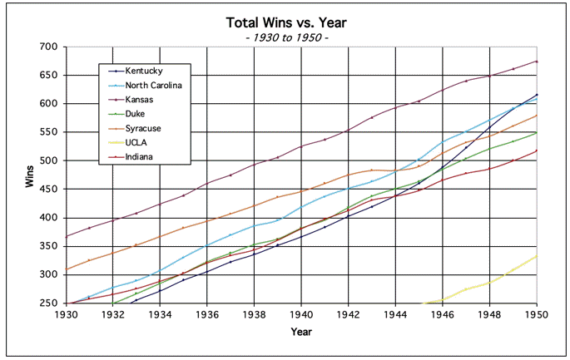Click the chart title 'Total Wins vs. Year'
285,22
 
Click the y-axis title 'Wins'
29,175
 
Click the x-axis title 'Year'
301,332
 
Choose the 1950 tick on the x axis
537,314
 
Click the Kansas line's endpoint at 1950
537,61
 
